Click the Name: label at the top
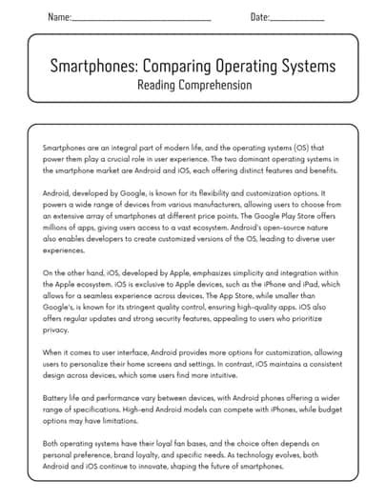click(58, 17)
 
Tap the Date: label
click(259, 17)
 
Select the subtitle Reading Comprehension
click(193, 85)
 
